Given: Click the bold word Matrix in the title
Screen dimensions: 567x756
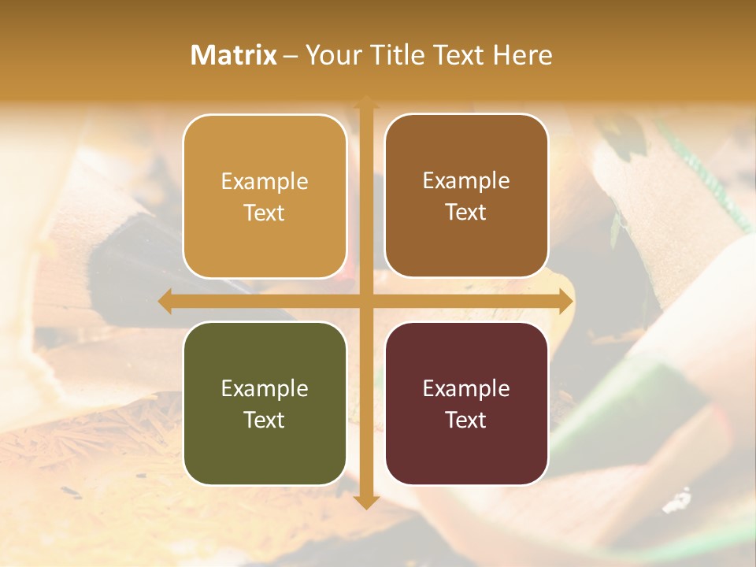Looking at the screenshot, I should click(x=234, y=55).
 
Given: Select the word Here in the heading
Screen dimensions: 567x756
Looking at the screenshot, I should click(x=523, y=55).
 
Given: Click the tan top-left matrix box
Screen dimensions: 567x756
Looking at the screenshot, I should click(x=265, y=196).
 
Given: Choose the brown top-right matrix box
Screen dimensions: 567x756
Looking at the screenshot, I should click(x=466, y=196).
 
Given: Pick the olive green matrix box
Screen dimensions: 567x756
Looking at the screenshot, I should click(x=265, y=403).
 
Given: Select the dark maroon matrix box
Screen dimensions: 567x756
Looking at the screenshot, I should click(x=466, y=403).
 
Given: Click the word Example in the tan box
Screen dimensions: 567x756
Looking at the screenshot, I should click(x=265, y=182).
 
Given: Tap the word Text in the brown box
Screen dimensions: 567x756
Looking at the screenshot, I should click(x=466, y=213).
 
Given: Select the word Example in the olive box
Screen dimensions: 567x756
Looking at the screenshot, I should click(x=265, y=389).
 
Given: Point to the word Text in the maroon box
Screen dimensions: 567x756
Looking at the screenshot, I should click(x=466, y=420).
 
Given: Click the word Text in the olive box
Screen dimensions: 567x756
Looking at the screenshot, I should click(x=265, y=420).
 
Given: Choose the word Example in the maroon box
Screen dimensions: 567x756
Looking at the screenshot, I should click(x=466, y=389).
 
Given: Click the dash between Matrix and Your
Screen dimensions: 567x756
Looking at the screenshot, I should click(x=291, y=56).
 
